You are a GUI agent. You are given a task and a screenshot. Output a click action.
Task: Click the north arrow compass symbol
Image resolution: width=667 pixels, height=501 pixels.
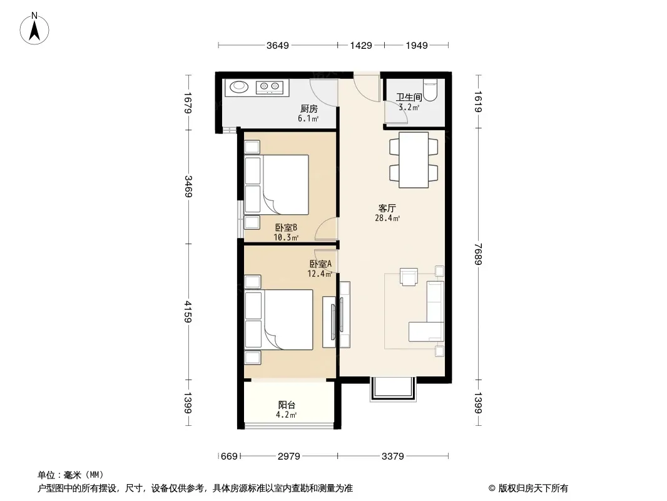pyautogui.click(x=34, y=29)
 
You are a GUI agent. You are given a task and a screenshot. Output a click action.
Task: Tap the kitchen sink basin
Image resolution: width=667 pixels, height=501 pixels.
pyautogui.click(x=239, y=87)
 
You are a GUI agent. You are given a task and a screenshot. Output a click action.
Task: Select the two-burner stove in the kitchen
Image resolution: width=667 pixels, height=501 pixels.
pyautogui.click(x=269, y=87)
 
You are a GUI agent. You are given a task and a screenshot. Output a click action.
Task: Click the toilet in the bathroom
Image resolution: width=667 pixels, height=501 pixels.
pyautogui.click(x=430, y=90)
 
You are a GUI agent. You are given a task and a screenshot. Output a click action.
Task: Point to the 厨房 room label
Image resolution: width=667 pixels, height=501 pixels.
pyautogui.click(x=309, y=109)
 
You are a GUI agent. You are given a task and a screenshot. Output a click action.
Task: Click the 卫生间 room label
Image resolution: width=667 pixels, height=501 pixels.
pyautogui.click(x=409, y=98)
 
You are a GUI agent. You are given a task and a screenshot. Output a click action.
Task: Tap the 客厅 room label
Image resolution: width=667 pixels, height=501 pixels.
pyautogui.click(x=387, y=208)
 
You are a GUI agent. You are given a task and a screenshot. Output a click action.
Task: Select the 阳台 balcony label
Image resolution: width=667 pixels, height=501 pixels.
pyautogui.click(x=287, y=405)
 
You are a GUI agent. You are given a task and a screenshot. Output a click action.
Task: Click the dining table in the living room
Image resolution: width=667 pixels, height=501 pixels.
pyautogui.click(x=414, y=160)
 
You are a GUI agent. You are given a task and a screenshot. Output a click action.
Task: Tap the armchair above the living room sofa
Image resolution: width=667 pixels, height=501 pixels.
pyautogui.click(x=409, y=277)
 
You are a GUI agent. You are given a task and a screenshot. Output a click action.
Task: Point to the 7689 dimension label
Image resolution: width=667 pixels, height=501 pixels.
pyautogui.click(x=478, y=254)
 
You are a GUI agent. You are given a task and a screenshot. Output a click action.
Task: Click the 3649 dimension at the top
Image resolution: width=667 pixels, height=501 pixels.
pyautogui.click(x=278, y=45)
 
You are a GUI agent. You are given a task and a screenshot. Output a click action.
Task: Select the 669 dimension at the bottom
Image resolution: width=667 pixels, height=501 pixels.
pyautogui.click(x=229, y=457)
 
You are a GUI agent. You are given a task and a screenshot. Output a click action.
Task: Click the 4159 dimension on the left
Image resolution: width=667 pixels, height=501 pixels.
pyautogui.click(x=188, y=312)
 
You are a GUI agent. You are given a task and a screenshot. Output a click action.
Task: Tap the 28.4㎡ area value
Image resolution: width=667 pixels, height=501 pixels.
pyautogui.click(x=387, y=219)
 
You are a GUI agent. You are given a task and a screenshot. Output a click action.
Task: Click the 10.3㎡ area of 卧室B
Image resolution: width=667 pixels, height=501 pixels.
pyautogui.click(x=286, y=237)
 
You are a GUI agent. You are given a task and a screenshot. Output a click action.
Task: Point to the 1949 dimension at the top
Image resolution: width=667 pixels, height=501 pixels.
pyautogui.click(x=417, y=45)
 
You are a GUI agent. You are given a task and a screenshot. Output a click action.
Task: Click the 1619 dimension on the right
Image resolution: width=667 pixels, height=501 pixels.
pyautogui.click(x=478, y=101)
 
